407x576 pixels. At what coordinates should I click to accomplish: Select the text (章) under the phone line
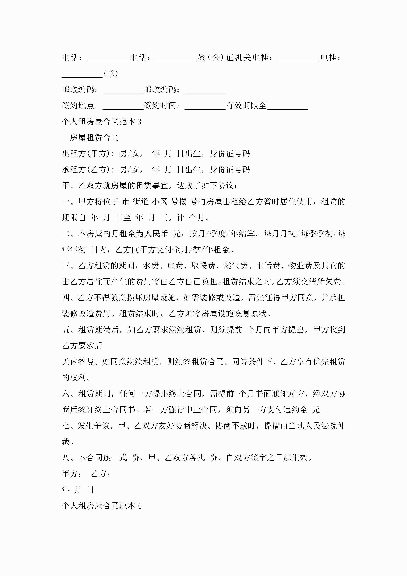(111, 74)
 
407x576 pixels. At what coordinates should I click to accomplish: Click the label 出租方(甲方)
(86, 154)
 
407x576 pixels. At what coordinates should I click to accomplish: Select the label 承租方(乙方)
(86, 170)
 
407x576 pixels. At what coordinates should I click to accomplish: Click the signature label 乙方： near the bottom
(100, 474)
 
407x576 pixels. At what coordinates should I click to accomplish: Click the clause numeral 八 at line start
(66, 458)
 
